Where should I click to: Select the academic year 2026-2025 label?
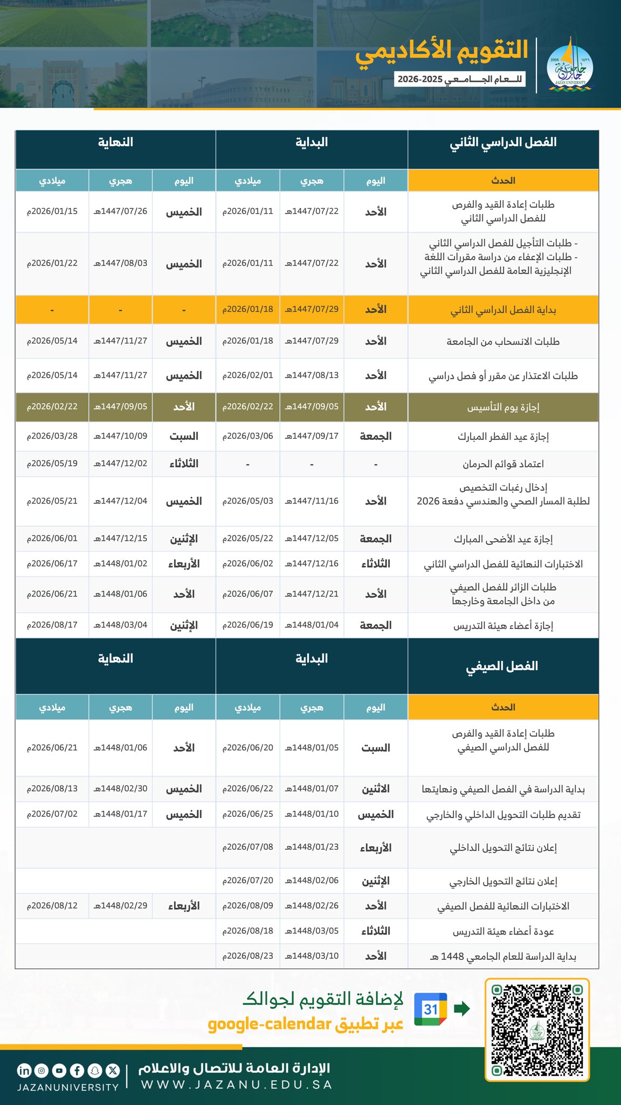pos(459,79)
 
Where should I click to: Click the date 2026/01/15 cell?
pos(52,212)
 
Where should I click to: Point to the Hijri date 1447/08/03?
pos(120,263)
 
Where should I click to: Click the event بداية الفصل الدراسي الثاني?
pos(503,310)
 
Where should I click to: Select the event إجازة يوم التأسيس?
pos(503,407)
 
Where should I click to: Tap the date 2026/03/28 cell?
pos(52,436)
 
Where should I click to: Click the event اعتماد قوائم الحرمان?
pos(503,464)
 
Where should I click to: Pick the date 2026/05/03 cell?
pos(248,501)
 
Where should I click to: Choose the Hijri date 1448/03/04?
pos(120,625)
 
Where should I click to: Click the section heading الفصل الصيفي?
pos(502,666)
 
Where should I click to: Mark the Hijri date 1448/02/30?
pos(120,789)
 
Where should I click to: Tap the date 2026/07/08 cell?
pos(248,847)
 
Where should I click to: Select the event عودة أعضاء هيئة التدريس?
pos(503,932)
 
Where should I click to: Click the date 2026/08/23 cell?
pos(248,956)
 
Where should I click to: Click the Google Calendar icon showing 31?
pos(430,1009)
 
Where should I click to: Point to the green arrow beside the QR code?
pos(462,1008)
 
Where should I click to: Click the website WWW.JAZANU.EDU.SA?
pos(237,1084)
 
